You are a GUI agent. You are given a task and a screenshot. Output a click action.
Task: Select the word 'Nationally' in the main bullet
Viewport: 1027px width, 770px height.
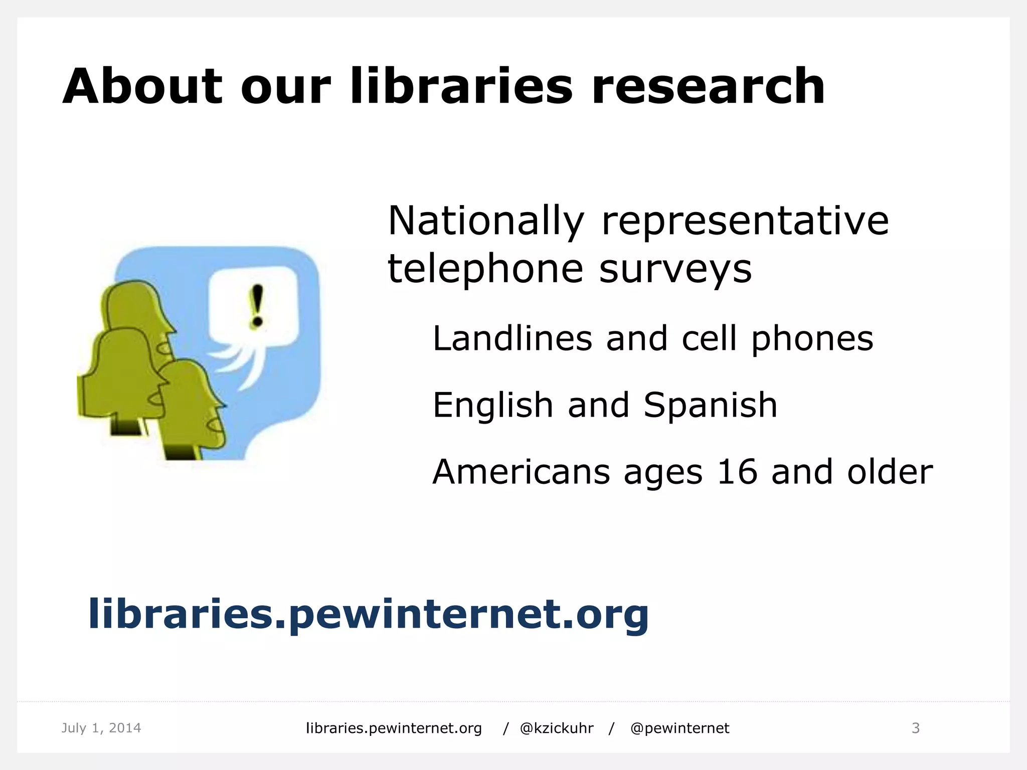[x=486, y=221]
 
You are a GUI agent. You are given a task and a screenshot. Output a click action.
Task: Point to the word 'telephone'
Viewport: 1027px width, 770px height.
[x=485, y=269]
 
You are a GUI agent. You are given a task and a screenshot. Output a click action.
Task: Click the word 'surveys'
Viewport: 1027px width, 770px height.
[x=675, y=269]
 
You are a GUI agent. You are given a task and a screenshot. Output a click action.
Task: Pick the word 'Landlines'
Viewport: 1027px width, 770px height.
[x=512, y=338]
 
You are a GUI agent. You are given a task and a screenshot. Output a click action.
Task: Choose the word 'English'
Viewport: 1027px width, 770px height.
[x=493, y=405]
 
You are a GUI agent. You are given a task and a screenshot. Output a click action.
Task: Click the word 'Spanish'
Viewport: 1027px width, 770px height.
[x=710, y=405]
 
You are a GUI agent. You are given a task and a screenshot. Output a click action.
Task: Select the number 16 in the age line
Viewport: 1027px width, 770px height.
[x=737, y=472]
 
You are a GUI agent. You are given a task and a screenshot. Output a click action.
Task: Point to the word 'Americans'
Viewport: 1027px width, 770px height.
[x=521, y=472]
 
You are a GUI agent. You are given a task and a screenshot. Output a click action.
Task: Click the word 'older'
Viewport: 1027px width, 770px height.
[x=890, y=472]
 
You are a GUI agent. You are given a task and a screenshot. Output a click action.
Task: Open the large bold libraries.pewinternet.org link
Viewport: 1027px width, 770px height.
[x=369, y=614]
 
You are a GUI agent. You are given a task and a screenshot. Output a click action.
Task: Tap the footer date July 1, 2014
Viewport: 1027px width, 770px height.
[x=101, y=728]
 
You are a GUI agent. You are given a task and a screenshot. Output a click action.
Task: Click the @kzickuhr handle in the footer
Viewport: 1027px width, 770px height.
[x=557, y=728]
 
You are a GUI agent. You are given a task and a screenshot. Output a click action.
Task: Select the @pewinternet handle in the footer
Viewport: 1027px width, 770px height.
[x=679, y=728]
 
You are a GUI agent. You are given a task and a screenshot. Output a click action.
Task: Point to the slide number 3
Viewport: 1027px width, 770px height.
[x=915, y=728]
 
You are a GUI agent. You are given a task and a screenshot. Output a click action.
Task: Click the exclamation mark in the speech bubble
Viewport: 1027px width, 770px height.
[x=257, y=306]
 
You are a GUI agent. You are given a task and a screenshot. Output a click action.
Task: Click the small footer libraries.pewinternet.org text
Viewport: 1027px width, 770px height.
[x=394, y=728]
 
